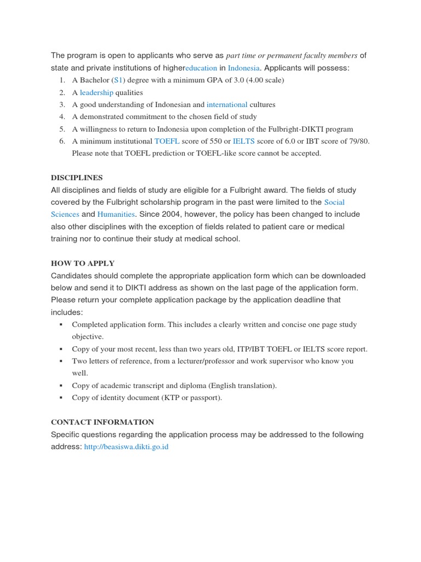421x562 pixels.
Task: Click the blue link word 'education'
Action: (201, 68)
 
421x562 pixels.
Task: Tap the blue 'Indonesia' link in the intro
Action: (243, 68)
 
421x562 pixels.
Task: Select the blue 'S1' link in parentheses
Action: (118, 80)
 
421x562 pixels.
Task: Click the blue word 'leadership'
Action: (96, 92)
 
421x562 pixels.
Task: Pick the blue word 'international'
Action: (227, 104)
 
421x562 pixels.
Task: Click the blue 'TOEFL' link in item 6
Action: (167, 141)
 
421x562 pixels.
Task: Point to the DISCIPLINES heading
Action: (77, 178)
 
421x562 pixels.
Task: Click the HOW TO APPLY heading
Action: (83, 263)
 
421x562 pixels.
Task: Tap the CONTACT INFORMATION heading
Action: (103, 422)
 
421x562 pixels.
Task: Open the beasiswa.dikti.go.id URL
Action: (126, 447)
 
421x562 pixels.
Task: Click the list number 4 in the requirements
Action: (61, 116)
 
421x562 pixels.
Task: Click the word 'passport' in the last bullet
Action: (205, 397)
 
